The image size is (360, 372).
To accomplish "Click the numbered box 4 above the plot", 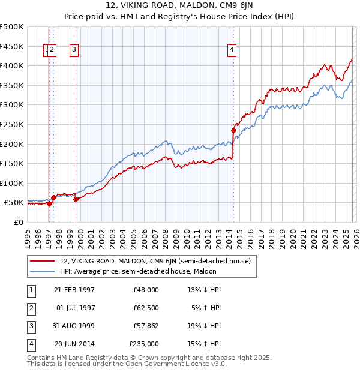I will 232,50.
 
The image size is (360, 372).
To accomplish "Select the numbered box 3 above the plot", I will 74,50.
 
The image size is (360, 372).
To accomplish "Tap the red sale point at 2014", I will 233,130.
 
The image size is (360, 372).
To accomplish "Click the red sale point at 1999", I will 76,200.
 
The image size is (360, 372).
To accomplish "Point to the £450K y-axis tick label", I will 12,46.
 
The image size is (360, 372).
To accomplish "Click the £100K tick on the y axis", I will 12,183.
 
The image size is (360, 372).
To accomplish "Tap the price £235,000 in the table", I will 144,344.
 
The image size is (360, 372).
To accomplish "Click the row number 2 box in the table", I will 31,308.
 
